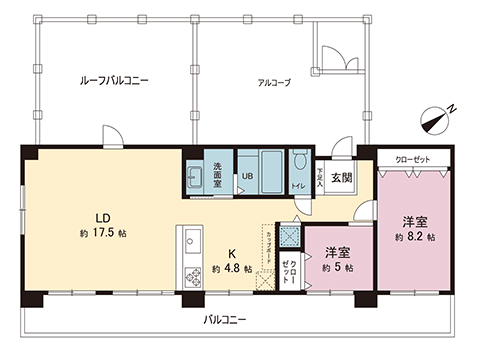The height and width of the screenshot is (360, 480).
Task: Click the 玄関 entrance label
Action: tap(340, 178)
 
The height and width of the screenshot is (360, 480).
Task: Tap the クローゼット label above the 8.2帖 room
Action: tap(412, 159)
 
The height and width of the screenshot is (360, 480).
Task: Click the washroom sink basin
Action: tap(195, 178)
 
